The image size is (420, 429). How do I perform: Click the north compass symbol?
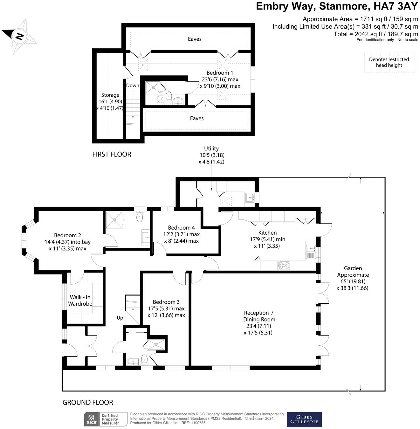pos(20,36)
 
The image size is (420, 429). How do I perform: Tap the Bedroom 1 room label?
pos(220,80)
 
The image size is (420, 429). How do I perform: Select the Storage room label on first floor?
pos(110,101)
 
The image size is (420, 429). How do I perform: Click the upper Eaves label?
pos(195,39)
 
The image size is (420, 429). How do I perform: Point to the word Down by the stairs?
pos(133,86)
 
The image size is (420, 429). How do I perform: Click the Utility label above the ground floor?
pos(211,155)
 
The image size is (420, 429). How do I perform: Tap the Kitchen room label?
pos(267,239)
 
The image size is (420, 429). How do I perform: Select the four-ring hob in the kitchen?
pos(284,265)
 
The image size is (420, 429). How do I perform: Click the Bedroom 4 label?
pos(181,234)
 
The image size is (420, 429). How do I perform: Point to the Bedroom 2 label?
pos(67,242)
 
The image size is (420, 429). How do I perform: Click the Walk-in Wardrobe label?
pos(80,300)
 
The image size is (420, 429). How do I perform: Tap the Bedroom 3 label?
pos(166,308)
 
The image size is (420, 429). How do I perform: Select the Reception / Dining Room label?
pos(259,323)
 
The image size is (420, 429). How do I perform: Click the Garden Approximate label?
pos(353,278)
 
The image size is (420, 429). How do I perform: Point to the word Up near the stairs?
pos(120,318)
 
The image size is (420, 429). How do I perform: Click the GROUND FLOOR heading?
pos(88,402)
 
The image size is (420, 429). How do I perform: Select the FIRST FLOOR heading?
pos(112,154)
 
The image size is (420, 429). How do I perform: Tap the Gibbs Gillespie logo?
pos(304,419)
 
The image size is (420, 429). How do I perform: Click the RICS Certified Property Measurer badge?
pos(101,419)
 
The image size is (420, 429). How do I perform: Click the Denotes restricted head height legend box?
pos(389,63)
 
